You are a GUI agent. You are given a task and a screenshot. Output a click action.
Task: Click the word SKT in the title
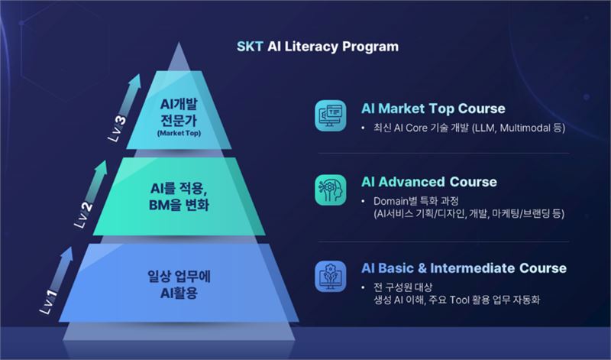pos(250,47)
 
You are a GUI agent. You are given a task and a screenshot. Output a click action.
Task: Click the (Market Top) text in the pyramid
pos(179,134)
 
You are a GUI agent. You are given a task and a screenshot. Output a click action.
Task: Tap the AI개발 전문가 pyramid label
pos(179,112)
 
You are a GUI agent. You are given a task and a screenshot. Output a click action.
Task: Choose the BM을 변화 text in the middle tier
pos(179,205)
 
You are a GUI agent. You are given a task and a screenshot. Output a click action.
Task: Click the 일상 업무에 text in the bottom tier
pos(179,276)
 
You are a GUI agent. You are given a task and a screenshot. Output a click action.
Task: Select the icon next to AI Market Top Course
pos(331,115)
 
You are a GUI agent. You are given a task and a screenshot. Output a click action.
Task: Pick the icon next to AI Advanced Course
pos(331,190)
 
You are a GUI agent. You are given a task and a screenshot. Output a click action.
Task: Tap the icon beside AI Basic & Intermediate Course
pos(331,276)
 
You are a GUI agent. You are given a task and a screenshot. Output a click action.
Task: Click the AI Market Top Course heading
pos(433,109)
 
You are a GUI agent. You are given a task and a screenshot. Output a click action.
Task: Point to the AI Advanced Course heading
pos(429,182)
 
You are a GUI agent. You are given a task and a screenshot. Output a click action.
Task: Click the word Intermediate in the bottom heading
pos(472,268)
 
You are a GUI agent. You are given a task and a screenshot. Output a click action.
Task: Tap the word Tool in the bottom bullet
pos(460,300)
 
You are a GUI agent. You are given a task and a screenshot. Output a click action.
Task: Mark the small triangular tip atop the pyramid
pos(179,56)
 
